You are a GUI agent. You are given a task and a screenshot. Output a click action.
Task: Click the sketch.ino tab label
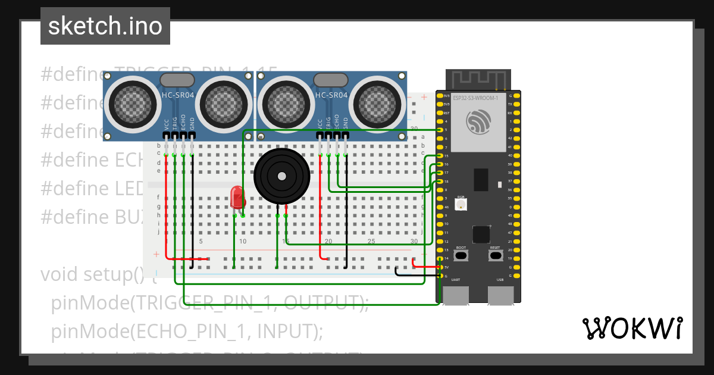[105, 26]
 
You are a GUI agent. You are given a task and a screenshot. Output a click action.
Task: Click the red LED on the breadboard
[237, 197]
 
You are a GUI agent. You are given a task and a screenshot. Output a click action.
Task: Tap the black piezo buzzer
[281, 176]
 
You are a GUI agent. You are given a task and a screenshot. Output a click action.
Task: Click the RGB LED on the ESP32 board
[461, 204]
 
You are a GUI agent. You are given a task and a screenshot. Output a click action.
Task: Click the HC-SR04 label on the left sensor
[178, 95]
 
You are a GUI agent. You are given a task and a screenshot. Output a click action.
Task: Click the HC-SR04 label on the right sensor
[331, 95]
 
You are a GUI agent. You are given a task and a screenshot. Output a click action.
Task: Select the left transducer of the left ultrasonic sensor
[131, 101]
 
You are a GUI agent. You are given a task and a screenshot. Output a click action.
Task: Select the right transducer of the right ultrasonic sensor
[377, 101]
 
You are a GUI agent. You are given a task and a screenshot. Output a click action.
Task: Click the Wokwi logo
[632, 328]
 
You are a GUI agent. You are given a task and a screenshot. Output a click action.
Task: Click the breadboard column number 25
[371, 241]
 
